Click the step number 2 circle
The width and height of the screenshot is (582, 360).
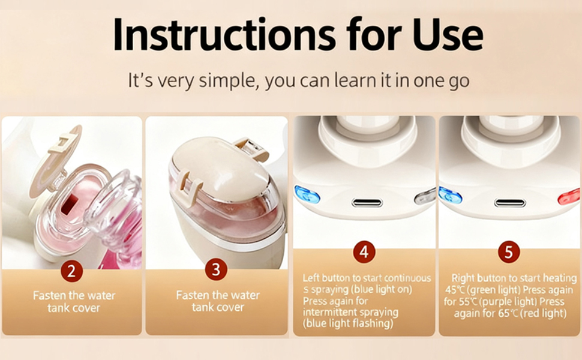[x=72, y=271]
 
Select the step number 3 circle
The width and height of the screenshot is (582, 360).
[x=216, y=270]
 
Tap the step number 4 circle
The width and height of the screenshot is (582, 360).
[x=364, y=252]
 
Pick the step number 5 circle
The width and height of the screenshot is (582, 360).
[x=509, y=253]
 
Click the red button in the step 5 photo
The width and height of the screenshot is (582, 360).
[x=569, y=196]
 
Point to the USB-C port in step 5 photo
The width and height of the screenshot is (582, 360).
[x=510, y=203]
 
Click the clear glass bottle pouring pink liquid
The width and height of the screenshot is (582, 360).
[x=114, y=204]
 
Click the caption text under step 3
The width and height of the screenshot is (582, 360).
[x=218, y=301]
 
